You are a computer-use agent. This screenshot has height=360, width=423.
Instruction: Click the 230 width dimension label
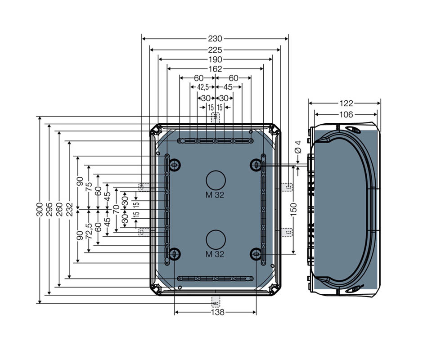tap(215, 39)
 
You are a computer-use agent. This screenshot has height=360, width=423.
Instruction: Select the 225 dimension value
tap(215, 50)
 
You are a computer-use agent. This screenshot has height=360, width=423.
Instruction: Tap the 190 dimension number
tap(215, 59)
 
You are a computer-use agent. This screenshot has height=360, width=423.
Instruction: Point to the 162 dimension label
tap(215, 69)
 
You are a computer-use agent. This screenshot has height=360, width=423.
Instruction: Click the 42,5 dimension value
tap(203, 87)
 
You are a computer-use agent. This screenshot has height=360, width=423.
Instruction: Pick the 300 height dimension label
tap(40, 209)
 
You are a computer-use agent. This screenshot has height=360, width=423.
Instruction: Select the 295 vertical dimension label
tap(49, 209)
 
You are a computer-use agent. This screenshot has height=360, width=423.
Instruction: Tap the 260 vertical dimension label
tap(59, 209)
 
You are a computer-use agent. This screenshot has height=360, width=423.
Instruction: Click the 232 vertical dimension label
tap(69, 209)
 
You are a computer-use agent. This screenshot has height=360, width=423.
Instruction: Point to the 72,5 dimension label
tap(89, 231)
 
